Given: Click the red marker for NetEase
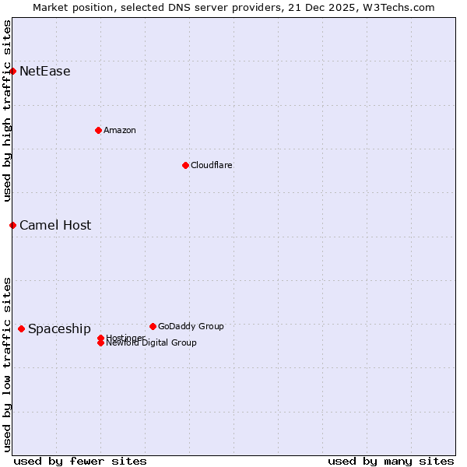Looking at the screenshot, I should pos(12,72).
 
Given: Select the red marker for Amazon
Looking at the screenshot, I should pos(98,130).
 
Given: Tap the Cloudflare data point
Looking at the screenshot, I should pos(185,165).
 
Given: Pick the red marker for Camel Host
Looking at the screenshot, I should pos(12,225).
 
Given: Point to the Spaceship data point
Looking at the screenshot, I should pos(21,328).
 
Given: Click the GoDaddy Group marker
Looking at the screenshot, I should pos(153,326).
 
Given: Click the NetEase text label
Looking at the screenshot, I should pos(45,72).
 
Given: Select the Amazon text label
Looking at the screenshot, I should pos(120,130).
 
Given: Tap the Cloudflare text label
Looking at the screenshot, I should pos(212,165).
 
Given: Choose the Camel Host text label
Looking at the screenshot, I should pos(55,225).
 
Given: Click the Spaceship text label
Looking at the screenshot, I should pos(59,328).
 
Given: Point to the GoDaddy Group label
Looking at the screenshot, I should pos(191,326).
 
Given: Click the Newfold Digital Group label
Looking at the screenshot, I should pos(151,343).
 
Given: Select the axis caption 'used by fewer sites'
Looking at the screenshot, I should pos(80,461).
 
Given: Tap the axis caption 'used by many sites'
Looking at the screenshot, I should pos(391,461).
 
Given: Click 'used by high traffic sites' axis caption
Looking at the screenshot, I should pos(7,111).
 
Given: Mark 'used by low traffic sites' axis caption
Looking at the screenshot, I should pos(7,363).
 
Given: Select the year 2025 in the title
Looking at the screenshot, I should pos(346,7).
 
